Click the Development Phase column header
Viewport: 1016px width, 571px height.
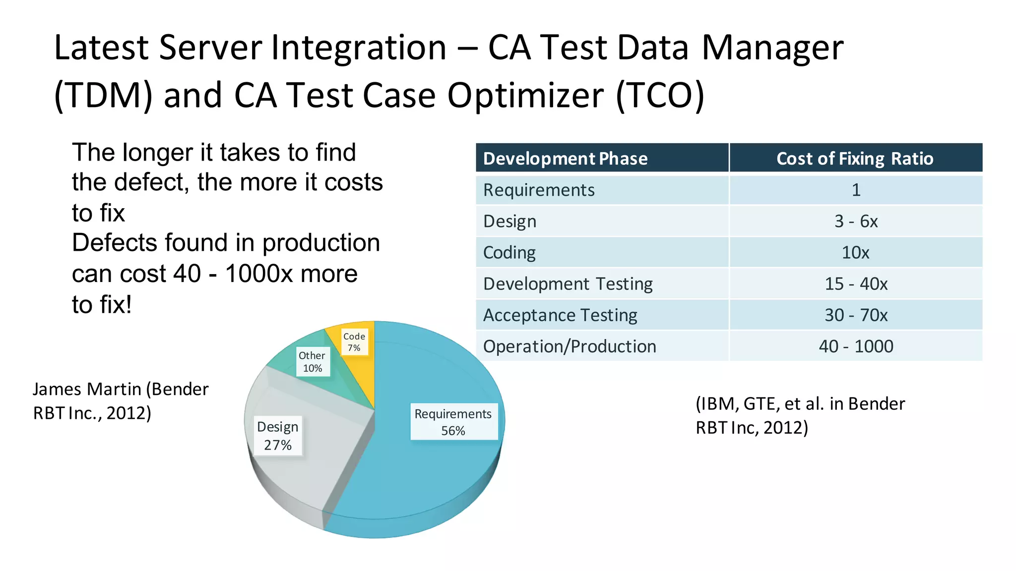(x=565, y=159)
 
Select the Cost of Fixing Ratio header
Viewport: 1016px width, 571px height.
(x=855, y=159)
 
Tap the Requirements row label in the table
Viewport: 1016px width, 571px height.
(x=539, y=190)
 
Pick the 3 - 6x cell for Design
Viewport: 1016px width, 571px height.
(x=856, y=221)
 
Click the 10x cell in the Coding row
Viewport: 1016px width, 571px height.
(x=856, y=253)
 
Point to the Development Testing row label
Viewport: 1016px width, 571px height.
(x=568, y=284)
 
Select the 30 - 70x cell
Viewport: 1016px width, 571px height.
(x=856, y=315)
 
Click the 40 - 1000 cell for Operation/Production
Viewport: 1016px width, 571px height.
(x=856, y=346)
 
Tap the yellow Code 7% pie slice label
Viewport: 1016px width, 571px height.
(x=354, y=342)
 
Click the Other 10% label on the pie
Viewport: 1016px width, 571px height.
(x=312, y=362)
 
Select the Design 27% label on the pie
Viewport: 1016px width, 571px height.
(x=278, y=436)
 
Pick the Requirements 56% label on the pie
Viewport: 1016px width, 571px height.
(x=453, y=422)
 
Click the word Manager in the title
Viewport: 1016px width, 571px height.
(x=772, y=48)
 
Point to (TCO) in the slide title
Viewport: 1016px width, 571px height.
(x=660, y=95)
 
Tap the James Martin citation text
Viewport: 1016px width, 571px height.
(x=121, y=401)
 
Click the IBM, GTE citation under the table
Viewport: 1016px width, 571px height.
(x=800, y=415)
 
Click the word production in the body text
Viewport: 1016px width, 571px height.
(x=321, y=243)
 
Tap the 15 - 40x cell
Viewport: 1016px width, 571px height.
(x=856, y=284)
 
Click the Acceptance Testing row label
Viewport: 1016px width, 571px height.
(x=560, y=315)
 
